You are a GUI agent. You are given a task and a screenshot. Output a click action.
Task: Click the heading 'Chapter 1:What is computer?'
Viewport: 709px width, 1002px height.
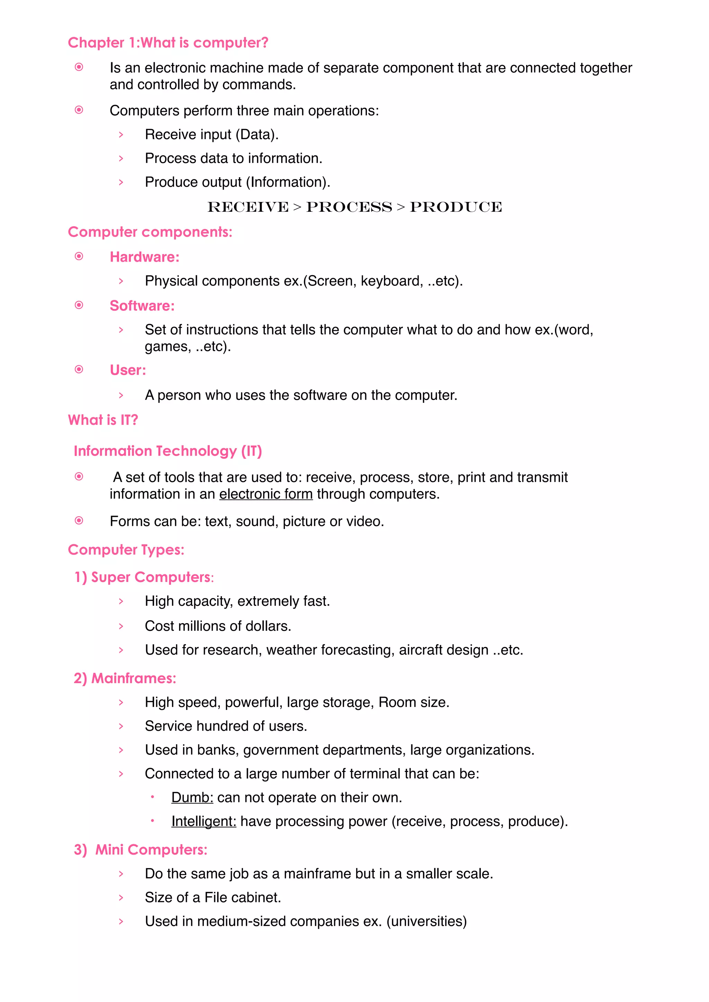(168, 43)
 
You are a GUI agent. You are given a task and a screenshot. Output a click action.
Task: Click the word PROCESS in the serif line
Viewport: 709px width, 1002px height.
(349, 207)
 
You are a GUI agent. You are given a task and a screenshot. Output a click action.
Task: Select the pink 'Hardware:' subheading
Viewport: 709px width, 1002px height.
(144, 257)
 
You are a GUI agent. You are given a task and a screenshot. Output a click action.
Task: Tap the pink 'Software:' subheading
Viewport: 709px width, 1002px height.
(142, 306)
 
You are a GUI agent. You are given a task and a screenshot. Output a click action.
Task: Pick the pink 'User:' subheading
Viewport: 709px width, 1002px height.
(128, 370)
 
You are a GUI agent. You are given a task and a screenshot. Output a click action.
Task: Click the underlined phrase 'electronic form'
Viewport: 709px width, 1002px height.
(266, 494)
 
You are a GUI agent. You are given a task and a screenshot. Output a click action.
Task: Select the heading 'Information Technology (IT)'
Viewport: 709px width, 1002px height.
(168, 451)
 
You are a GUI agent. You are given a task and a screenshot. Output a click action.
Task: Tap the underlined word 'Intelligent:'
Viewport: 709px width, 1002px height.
(204, 821)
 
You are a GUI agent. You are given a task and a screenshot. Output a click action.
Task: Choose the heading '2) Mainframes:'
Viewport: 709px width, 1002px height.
(125, 678)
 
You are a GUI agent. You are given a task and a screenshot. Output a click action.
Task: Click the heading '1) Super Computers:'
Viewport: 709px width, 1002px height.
(144, 577)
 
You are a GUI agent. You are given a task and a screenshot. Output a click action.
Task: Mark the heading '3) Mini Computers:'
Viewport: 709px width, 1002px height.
(141, 850)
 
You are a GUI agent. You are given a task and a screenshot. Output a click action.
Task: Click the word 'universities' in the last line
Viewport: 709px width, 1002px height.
(427, 921)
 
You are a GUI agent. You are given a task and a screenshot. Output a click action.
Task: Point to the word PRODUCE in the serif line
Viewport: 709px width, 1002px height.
(456, 207)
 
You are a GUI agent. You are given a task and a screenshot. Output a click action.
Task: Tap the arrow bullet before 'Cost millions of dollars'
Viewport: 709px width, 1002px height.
(121, 626)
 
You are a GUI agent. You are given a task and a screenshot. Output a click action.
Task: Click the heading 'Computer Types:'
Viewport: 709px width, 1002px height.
(126, 550)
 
